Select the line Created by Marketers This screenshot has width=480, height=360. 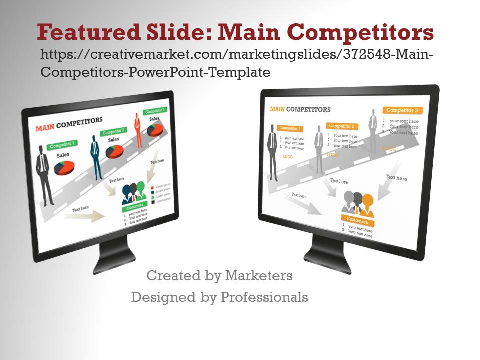coord(219,275)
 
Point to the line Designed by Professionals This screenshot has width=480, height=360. coord(219,297)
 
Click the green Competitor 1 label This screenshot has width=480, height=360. coord(63,145)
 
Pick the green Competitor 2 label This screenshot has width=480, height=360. coord(113,132)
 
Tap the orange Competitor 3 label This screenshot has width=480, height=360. coord(402,110)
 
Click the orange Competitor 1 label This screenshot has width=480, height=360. coord(290,128)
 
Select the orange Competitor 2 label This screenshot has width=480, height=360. coord(342,126)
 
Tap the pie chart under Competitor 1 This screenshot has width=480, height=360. coord(64,167)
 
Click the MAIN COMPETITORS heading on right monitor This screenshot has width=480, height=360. coord(300,109)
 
